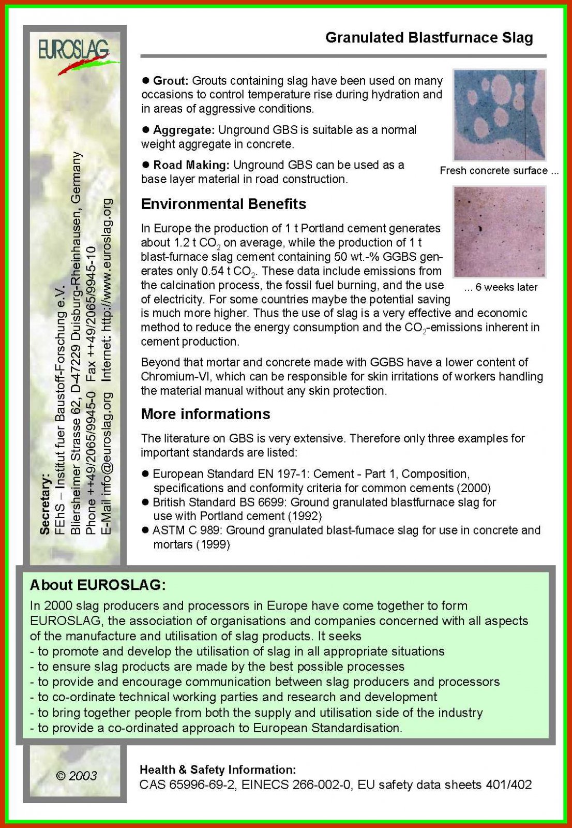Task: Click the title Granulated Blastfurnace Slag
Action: click(429, 38)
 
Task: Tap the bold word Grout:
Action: click(170, 81)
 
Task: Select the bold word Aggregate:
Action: click(183, 130)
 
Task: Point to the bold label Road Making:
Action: click(191, 165)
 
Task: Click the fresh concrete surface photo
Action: click(499, 115)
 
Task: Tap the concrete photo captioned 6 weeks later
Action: click(499, 232)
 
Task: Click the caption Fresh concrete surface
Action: click(493, 171)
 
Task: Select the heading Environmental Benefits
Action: click(223, 204)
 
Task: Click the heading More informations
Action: click(205, 414)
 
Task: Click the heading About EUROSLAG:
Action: click(98, 585)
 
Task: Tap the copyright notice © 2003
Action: click(76, 776)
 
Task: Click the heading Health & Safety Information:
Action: click(218, 770)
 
